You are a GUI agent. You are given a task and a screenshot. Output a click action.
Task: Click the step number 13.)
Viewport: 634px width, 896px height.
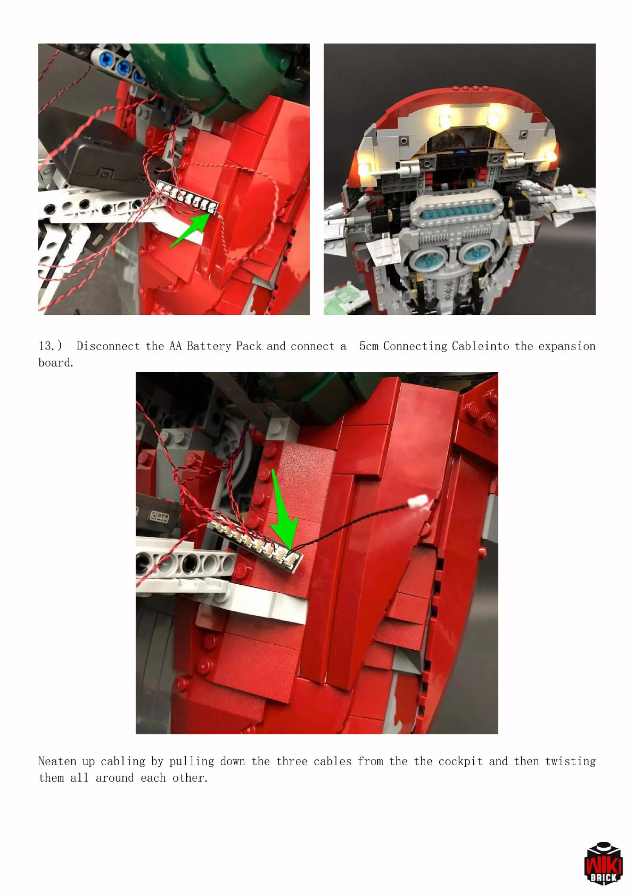coord(50,346)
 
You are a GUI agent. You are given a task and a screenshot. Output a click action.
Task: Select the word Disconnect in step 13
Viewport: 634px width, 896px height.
coord(108,346)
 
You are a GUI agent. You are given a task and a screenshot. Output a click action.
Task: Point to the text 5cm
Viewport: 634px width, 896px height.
coord(368,346)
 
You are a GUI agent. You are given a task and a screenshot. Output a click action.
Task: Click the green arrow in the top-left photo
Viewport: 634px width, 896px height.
coord(189,232)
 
